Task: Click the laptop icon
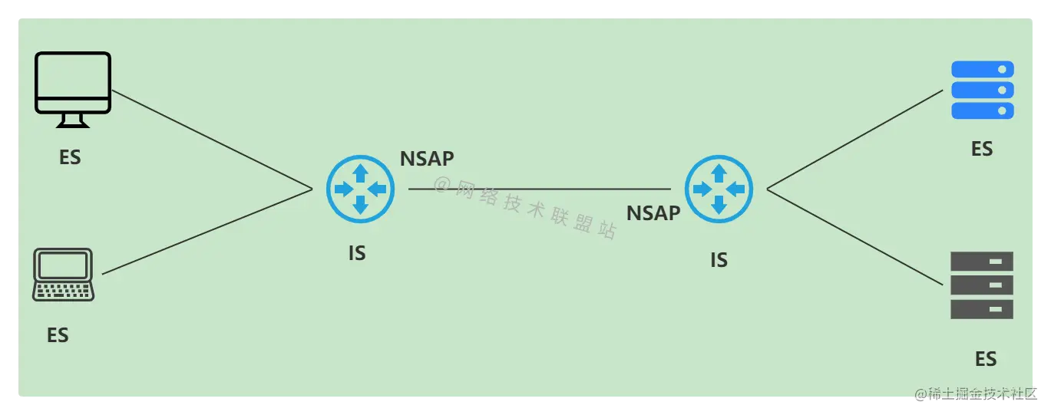63,275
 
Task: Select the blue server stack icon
982,91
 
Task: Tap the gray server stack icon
982,285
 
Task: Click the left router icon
360,189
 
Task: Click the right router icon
719,189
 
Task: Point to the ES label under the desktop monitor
70,157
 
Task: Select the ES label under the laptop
58,335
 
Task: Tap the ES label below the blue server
982,149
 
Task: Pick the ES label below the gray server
986,359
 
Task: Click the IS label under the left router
357,252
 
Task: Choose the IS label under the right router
719,261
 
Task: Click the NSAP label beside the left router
427,159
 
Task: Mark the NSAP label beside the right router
653,213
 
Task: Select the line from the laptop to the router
207,231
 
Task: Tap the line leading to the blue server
854,139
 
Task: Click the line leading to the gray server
854,236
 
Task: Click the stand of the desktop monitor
74,121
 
